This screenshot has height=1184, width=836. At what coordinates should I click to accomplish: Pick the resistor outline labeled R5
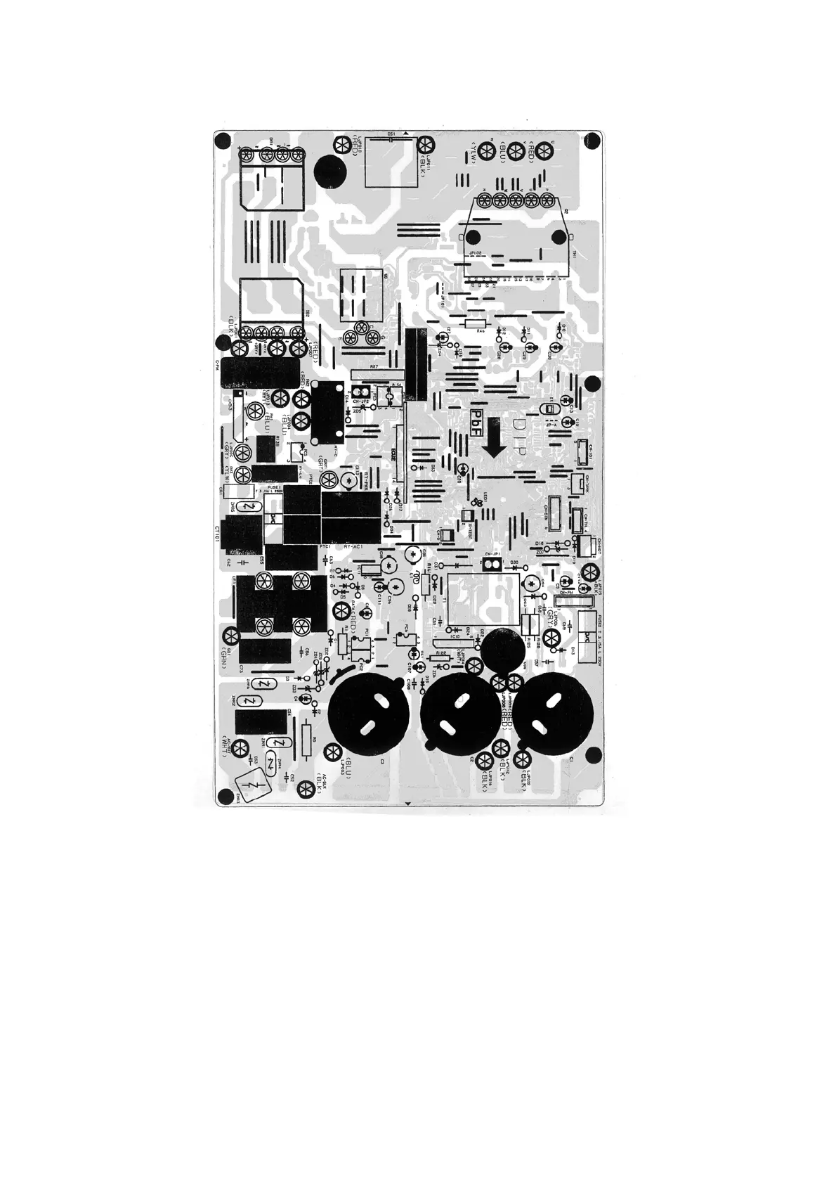pos(306,739)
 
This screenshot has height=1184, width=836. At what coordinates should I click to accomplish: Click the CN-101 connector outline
pos(582,453)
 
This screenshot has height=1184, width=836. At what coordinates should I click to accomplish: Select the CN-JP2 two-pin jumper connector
pos(363,390)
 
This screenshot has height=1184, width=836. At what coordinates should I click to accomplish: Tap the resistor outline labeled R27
pos(374,373)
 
